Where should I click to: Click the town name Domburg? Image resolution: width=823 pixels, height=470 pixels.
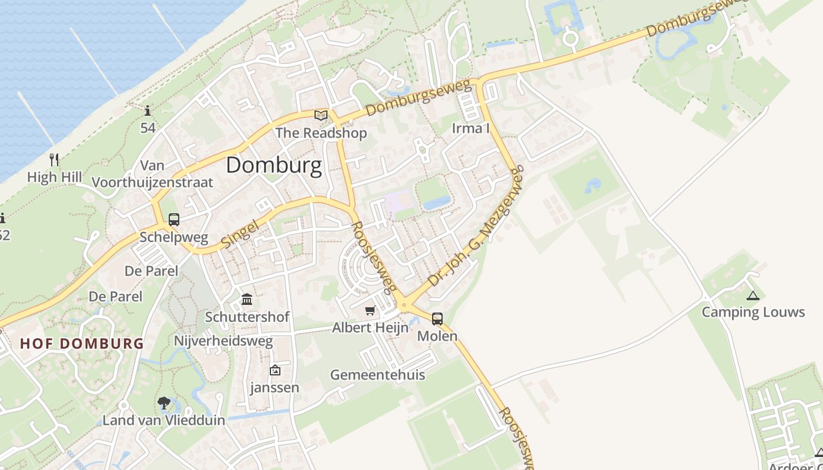pos(274,166)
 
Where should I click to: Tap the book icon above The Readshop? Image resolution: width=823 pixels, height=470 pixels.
pos(320,115)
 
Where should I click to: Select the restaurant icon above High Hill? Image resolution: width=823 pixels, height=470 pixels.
pos(54,159)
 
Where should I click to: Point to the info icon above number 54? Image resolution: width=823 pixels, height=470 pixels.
pos(147,110)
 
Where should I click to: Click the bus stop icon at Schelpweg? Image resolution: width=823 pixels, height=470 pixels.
pos(174,220)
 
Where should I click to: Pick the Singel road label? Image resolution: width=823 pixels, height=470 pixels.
pos(240,233)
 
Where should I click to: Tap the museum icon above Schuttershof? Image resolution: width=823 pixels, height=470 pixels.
pos(247,300)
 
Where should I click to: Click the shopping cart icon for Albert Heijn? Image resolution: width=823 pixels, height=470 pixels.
pos(370,310)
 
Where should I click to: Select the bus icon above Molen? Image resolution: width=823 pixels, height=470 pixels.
pos(437,319)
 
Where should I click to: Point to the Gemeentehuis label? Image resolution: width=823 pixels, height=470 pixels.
pos(377,375)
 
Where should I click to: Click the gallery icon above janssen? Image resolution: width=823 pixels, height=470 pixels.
pos(275,370)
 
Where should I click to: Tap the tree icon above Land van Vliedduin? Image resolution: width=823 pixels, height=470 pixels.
pos(164,403)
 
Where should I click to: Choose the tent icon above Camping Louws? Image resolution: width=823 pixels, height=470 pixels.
pos(752,296)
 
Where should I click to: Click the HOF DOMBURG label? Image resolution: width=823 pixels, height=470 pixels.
pos(82,344)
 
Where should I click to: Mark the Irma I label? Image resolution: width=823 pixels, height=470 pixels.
pos(470,128)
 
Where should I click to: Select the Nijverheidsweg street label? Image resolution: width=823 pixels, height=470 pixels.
pos(223,341)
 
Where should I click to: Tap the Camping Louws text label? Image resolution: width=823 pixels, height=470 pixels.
pos(753,312)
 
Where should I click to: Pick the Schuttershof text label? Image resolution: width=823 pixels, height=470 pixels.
pos(247,317)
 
